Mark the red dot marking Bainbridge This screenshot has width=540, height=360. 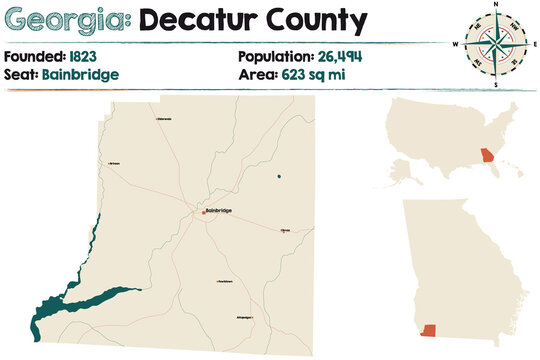[203, 212]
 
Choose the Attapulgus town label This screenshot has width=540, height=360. [244, 318]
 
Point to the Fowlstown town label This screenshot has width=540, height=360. [225, 282]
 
